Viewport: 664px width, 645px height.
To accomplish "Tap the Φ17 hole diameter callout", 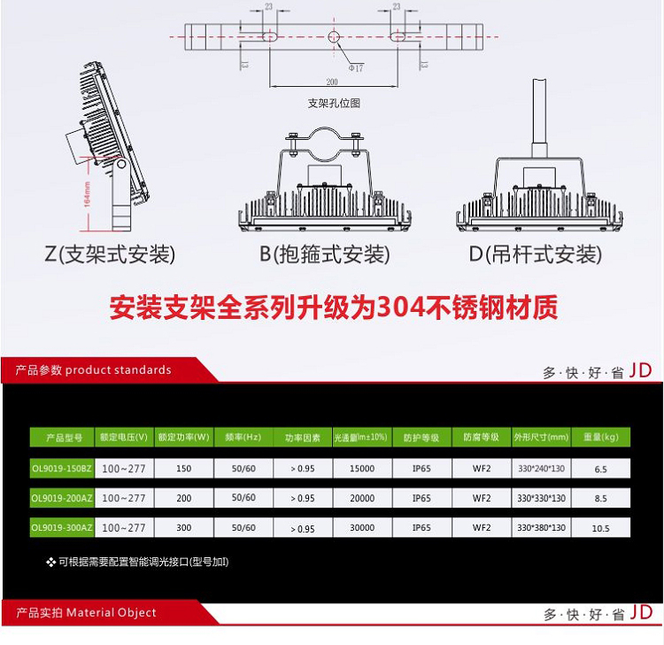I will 356,67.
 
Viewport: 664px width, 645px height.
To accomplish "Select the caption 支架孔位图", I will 334,103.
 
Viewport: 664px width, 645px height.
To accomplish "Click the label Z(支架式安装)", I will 110,255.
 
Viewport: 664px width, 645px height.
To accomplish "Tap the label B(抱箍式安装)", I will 324,255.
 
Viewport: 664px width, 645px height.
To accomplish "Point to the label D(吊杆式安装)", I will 536,255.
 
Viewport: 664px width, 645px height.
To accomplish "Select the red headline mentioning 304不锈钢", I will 333,308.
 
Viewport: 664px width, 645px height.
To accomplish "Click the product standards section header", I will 93,369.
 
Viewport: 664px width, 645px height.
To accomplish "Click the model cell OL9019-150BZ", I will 61,468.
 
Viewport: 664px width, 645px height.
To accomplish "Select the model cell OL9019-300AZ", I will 61,528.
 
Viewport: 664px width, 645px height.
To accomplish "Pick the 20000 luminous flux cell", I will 361,498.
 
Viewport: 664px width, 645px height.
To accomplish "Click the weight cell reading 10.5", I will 600,528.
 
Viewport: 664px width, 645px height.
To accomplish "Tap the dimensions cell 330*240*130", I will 541,468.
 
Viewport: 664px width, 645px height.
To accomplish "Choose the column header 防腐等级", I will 481,438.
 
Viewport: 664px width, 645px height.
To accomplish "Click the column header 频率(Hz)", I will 241,438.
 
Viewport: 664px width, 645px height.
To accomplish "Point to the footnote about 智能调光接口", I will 143,562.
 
